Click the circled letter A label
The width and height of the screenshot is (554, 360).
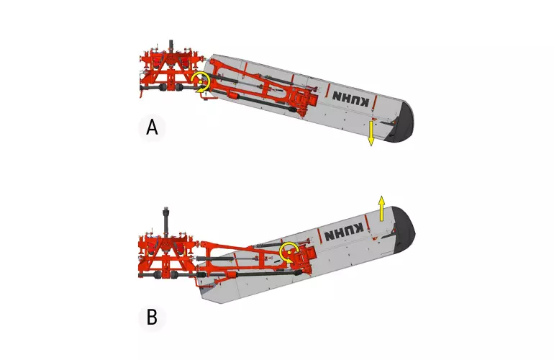(x=152, y=127)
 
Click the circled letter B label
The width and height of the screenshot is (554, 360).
(x=151, y=317)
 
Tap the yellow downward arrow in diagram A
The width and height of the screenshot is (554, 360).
(x=371, y=134)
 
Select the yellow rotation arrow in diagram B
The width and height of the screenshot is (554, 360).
(x=290, y=251)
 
